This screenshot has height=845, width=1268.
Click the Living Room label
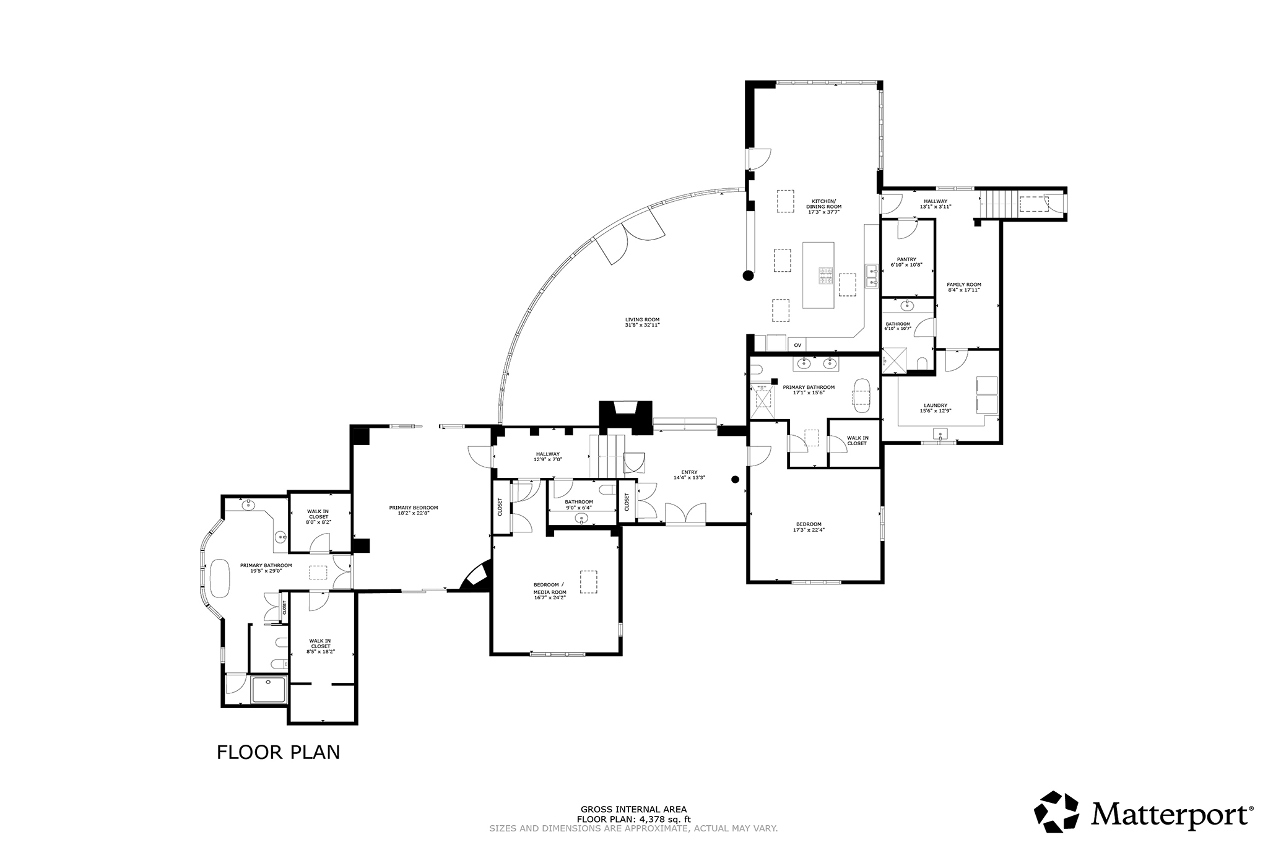[642, 322]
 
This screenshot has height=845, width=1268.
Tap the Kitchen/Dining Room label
[824, 206]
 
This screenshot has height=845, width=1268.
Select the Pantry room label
[906, 262]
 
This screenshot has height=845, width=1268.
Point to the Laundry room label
[935, 408]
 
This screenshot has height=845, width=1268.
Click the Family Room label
[964, 287]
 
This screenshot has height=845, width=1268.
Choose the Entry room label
[689, 475]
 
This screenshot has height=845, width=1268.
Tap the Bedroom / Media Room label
[550, 591]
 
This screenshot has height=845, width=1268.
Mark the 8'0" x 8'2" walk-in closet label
[318, 516]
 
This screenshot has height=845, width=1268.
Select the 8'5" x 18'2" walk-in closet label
[320, 646]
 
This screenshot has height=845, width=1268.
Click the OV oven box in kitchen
[797, 345]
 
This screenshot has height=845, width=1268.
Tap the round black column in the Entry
[736, 479]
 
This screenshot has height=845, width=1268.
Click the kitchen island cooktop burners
[825, 274]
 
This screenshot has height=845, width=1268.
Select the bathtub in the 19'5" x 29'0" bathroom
[219, 578]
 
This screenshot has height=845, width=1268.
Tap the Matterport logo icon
[1060, 812]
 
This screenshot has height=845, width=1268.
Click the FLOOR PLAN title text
[278, 752]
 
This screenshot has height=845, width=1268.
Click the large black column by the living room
[749, 275]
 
